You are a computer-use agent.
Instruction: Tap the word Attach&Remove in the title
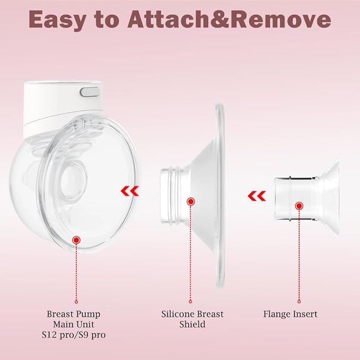pos(228,20)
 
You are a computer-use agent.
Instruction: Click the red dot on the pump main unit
pos(76,240)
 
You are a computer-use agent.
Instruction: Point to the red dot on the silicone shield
pos(191,201)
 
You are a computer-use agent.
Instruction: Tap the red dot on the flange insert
pos(299,205)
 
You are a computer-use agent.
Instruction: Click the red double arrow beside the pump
pos(129,190)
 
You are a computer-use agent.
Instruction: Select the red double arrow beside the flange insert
pos(258,197)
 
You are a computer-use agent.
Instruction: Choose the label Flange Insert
pos(290,314)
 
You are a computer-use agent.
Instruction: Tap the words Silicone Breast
pos(192,314)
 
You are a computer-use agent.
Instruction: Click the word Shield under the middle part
pos(192,324)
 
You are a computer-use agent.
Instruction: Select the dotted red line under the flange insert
pos(299,249)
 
